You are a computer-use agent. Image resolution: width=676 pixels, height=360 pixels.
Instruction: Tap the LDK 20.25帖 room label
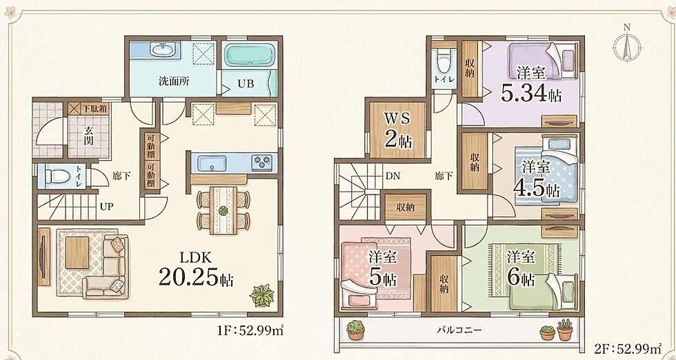click(x=196, y=270)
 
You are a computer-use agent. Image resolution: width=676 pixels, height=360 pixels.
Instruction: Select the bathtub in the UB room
click(x=247, y=56)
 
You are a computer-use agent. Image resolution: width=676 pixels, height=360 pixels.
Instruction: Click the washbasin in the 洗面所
click(x=163, y=50)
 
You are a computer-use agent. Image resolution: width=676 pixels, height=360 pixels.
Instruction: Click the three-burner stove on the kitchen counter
click(x=261, y=163)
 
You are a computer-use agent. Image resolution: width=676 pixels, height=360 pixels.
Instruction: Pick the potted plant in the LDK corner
click(x=262, y=295)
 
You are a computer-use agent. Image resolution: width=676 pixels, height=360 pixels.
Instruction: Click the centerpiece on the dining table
click(x=223, y=210)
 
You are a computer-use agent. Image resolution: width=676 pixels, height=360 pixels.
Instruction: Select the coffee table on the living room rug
click(x=77, y=252)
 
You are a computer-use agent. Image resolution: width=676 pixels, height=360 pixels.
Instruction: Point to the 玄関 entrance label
click(x=88, y=135)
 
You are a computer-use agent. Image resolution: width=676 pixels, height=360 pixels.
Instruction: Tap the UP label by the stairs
click(x=106, y=206)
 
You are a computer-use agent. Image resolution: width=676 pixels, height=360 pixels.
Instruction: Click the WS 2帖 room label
click(x=397, y=130)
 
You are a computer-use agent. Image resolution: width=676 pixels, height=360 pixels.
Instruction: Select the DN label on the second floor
click(x=392, y=175)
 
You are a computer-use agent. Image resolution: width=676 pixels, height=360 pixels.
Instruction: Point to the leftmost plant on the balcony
click(x=356, y=330)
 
